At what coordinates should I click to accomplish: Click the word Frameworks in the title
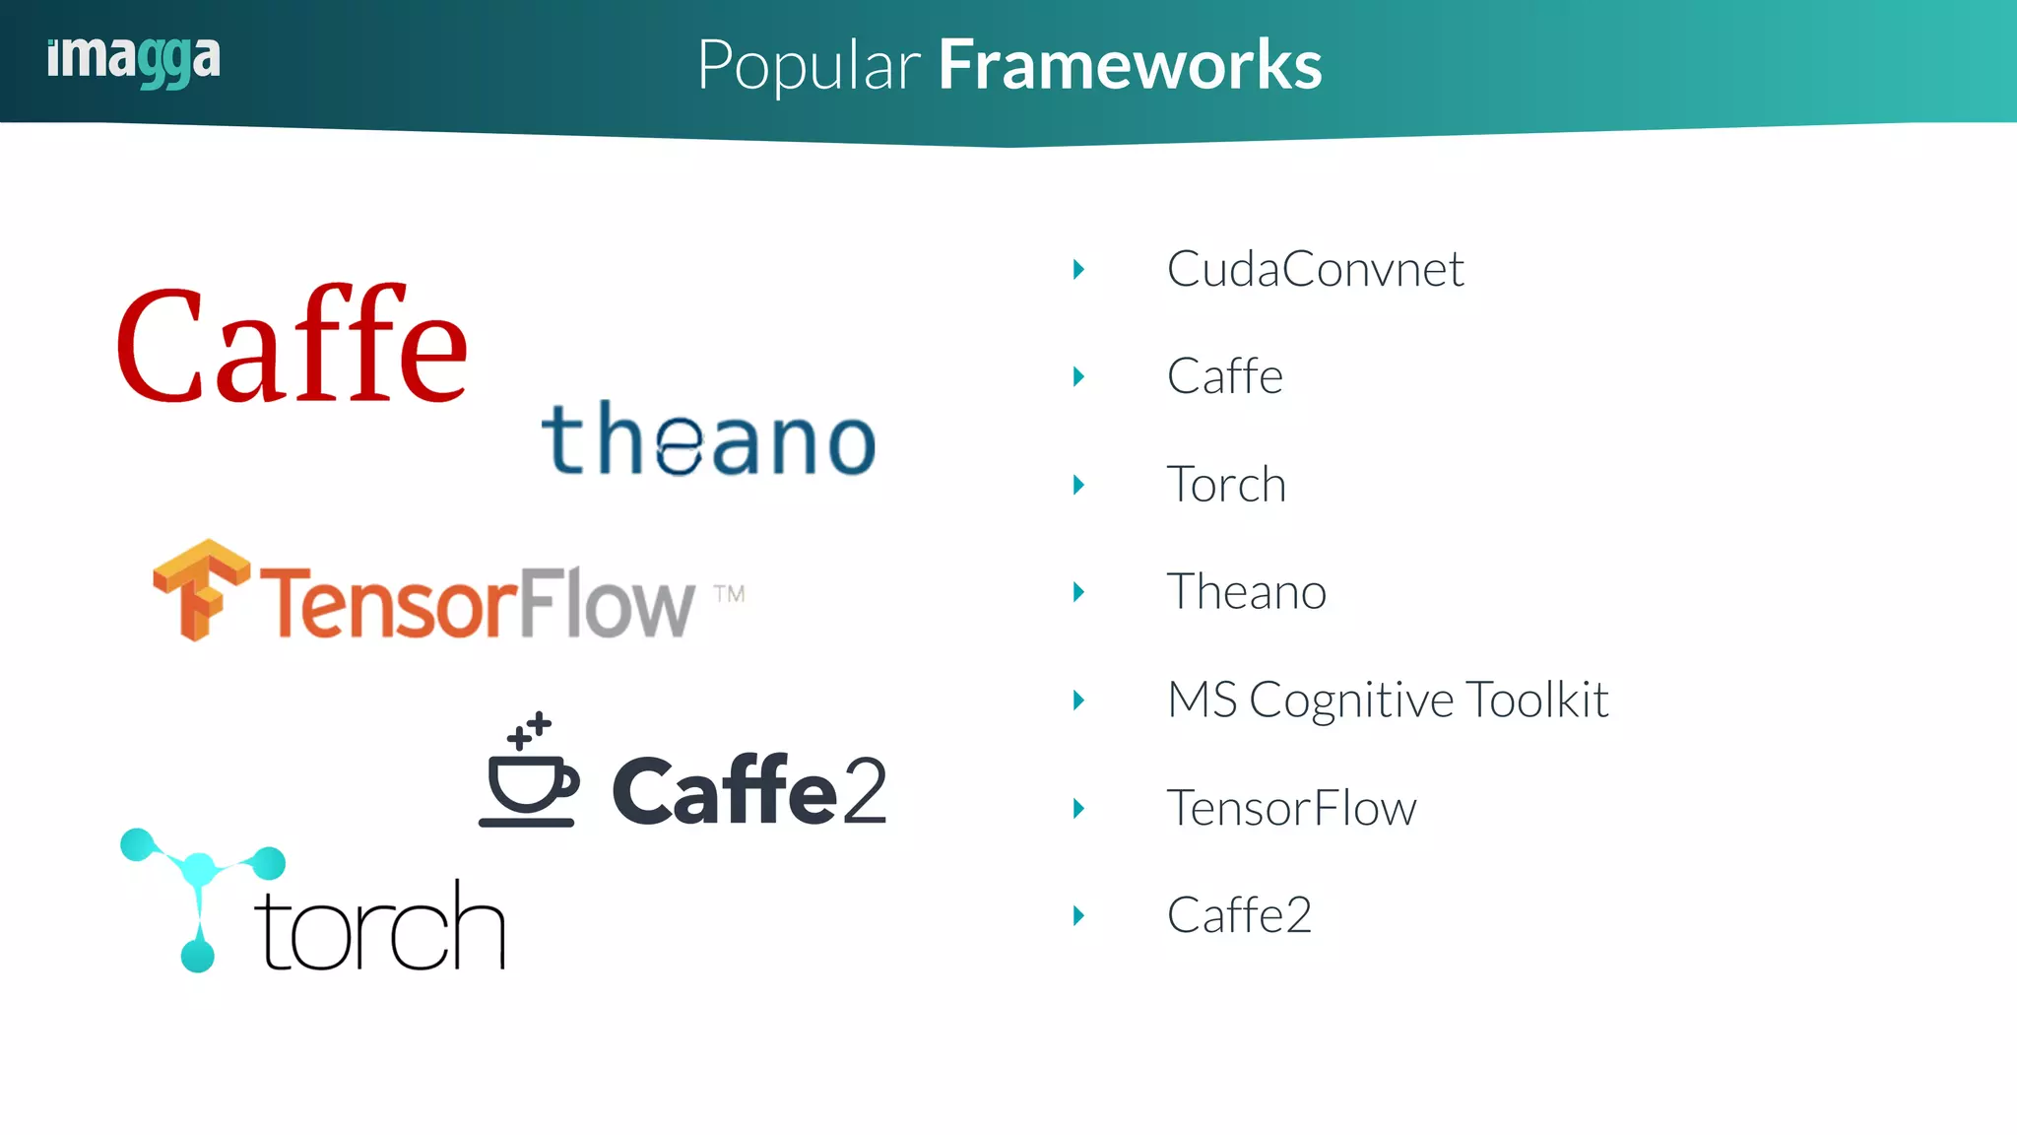(x=1130, y=65)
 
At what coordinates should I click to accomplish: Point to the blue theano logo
(x=708, y=439)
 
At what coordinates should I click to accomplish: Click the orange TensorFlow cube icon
(x=201, y=589)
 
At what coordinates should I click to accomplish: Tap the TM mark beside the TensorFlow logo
(x=729, y=593)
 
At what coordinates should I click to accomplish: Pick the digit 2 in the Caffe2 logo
(x=864, y=790)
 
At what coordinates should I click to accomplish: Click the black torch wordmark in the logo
(x=380, y=926)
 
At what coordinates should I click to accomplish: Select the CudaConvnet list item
(x=1315, y=269)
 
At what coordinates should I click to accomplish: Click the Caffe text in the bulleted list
(x=1224, y=376)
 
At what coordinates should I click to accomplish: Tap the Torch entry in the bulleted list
(x=1226, y=485)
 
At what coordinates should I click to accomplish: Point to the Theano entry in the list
(x=1246, y=592)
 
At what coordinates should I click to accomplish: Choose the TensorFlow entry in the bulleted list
(x=1291, y=808)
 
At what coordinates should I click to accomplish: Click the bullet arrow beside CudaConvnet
(x=1079, y=269)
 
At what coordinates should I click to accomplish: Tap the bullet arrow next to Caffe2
(x=1079, y=915)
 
